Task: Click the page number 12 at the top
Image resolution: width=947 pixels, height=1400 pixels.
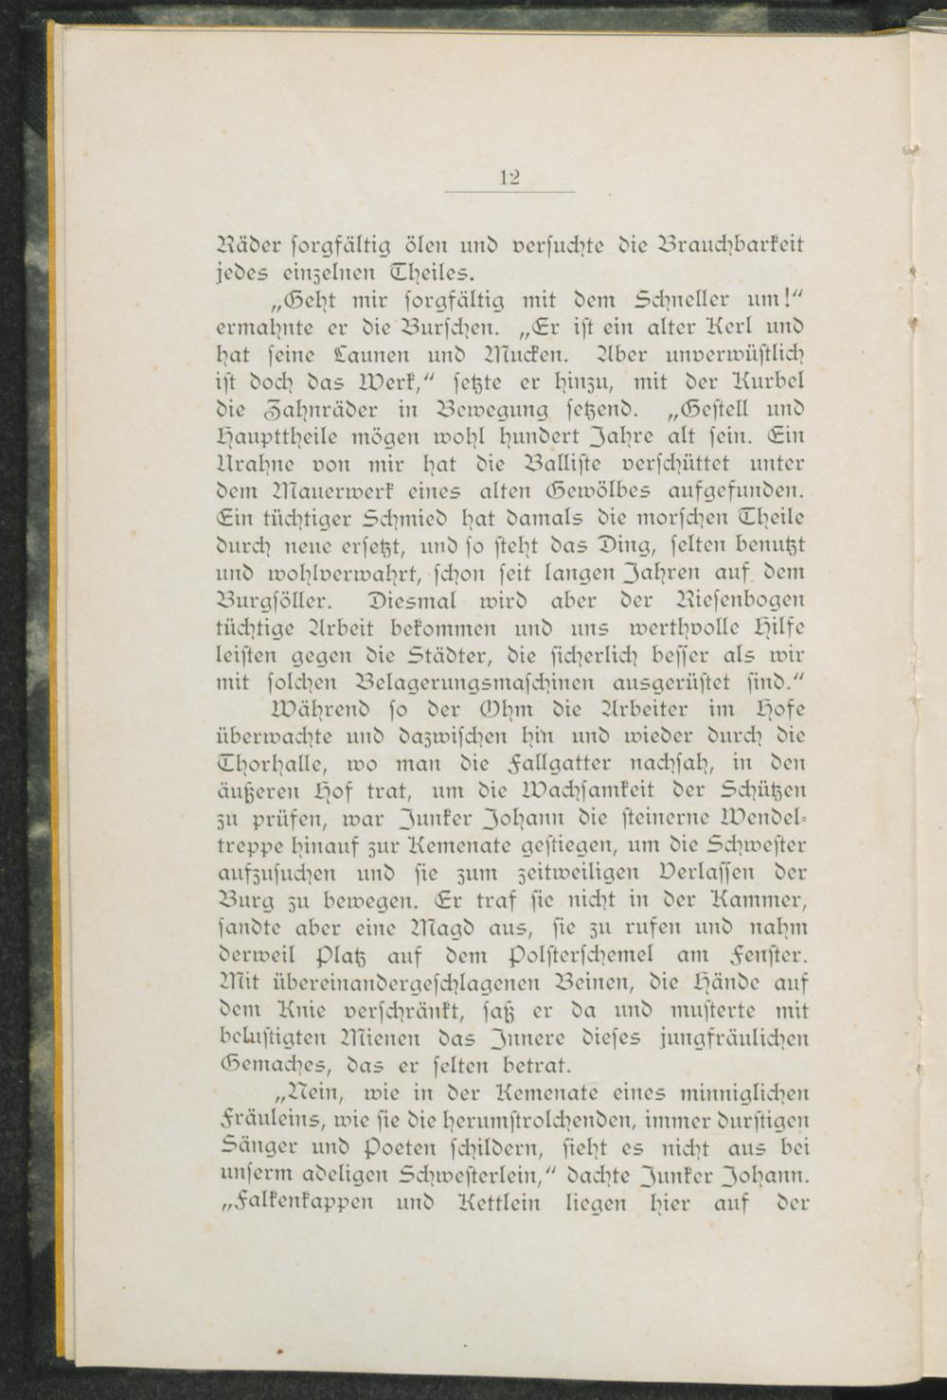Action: (511, 176)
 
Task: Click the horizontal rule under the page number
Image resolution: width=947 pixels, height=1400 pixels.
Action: (510, 192)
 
